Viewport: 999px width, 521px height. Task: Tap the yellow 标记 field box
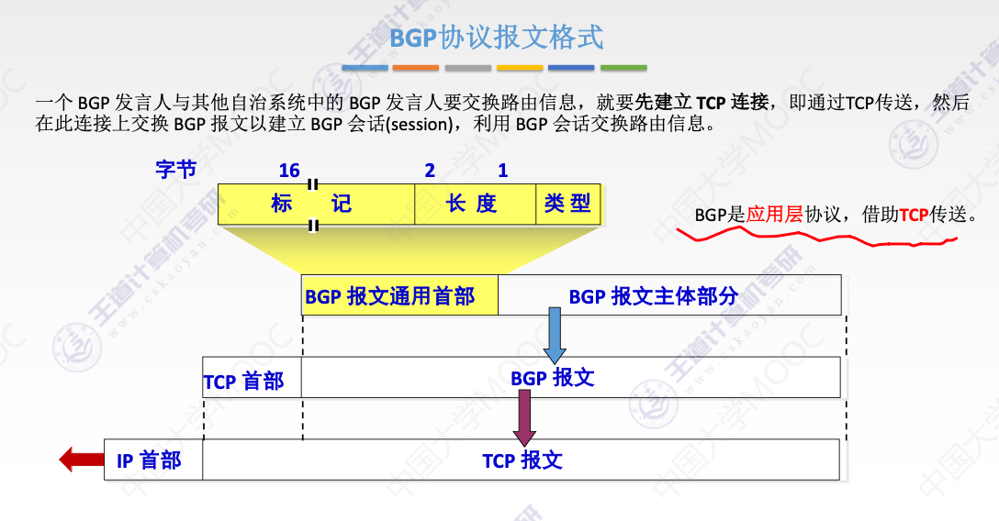tap(316, 203)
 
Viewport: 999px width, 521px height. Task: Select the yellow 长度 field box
tap(475, 203)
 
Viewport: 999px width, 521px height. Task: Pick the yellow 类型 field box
tap(567, 203)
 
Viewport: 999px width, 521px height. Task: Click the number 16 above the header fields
tap(289, 171)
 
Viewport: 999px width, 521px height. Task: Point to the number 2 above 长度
tap(430, 171)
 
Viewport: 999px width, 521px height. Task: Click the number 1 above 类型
tap(502, 171)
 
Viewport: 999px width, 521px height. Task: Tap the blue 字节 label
tap(175, 170)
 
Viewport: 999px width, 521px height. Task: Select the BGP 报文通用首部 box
tap(399, 295)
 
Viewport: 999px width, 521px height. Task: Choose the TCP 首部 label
tap(244, 381)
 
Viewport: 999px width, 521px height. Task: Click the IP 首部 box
tap(152, 460)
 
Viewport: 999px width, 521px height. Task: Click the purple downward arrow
tap(524, 416)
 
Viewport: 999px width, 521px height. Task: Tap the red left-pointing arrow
tap(82, 459)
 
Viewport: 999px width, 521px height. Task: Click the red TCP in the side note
tap(914, 215)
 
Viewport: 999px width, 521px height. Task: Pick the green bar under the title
tap(623, 68)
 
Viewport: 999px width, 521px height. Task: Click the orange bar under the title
tap(416, 68)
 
